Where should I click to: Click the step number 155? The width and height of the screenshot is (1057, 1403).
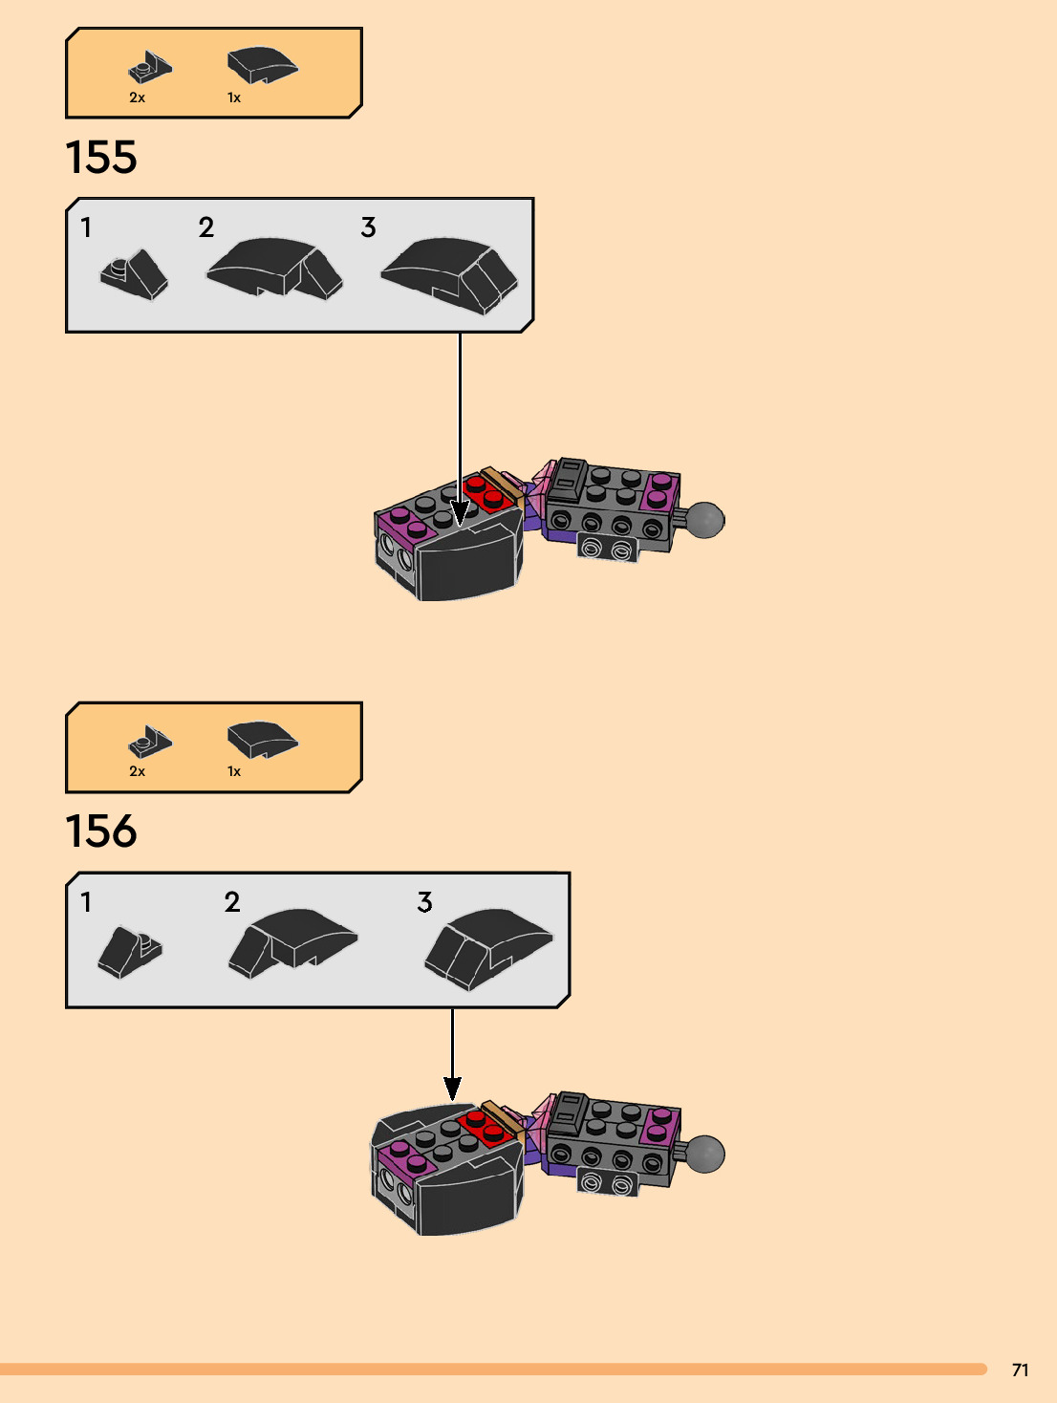[101, 158]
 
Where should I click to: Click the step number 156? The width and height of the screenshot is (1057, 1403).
[101, 831]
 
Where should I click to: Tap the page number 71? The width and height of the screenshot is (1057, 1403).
[1020, 1370]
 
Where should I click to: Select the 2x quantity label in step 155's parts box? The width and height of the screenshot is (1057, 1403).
[138, 97]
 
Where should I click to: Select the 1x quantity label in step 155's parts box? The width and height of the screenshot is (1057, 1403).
[234, 97]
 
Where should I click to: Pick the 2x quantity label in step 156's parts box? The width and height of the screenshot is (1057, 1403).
[138, 771]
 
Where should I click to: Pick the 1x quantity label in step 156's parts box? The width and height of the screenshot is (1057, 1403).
[234, 771]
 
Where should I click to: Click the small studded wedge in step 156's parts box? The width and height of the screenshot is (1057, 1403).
[150, 742]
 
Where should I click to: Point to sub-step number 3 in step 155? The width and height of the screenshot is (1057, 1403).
[368, 227]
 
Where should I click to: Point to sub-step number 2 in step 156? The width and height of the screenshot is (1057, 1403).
[232, 902]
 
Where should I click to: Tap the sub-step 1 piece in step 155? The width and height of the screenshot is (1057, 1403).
[135, 275]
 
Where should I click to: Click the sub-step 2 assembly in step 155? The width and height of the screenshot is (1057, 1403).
[275, 269]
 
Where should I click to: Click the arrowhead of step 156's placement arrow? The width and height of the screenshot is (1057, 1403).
[452, 1089]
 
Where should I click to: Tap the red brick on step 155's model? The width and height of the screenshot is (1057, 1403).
[486, 493]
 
